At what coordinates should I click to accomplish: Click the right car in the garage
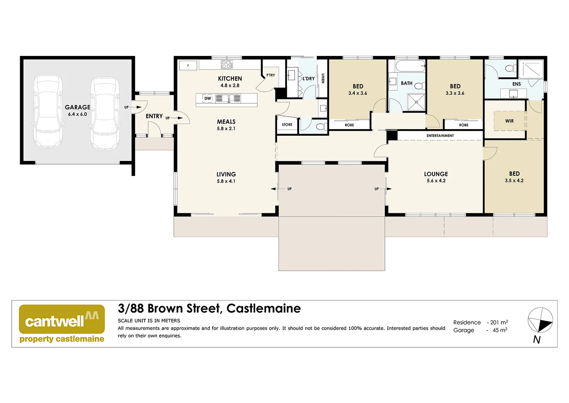[105, 113]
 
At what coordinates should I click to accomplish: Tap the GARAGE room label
[78, 107]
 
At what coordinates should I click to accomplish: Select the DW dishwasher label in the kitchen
[208, 99]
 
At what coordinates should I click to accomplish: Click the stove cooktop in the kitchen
[227, 65]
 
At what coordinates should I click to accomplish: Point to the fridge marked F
[188, 66]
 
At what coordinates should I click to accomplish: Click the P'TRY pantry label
[271, 75]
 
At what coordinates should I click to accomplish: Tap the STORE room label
[287, 125]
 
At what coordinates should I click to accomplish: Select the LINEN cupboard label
[323, 78]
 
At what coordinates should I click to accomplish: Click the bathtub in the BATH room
[410, 67]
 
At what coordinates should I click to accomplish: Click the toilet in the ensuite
[510, 68]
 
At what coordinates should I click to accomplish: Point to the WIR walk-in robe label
[509, 121]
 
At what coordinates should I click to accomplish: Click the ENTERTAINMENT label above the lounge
[440, 136]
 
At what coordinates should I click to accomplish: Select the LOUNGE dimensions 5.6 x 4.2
[436, 181]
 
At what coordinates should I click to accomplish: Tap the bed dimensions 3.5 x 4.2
[514, 181]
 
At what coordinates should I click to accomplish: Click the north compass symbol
[540, 321]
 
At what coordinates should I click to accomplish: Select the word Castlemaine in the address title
[263, 309]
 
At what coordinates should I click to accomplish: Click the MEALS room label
[226, 122]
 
